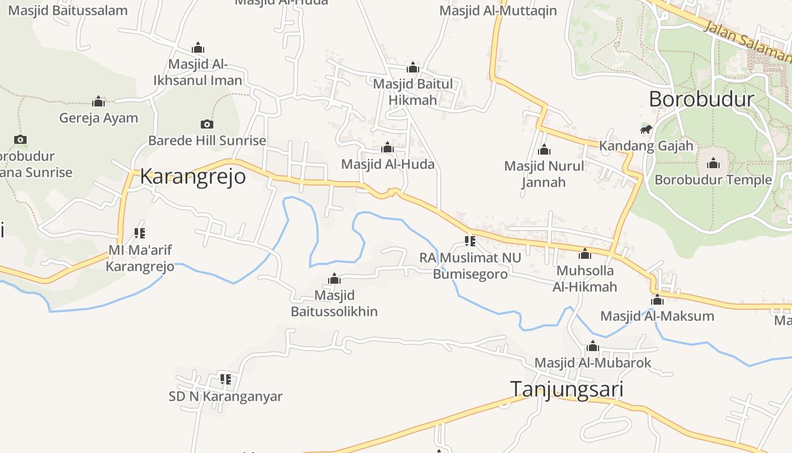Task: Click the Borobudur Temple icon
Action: point(713,164)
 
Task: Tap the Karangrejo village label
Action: point(193,176)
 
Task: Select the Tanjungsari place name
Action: point(567,390)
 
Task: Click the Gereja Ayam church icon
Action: point(98,102)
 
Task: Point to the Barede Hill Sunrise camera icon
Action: point(207,124)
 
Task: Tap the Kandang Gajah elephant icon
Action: point(645,130)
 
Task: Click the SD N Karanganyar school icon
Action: point(226,379)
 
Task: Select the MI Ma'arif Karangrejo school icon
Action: point(140,233)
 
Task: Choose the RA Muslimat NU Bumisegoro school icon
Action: point(470,241)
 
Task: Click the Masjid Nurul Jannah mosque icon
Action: point(544,150)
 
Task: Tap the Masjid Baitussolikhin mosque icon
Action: point(334,279)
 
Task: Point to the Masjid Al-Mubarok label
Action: point(593,363)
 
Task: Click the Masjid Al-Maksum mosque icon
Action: point(657,300)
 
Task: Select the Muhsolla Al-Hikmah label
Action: point(585,279)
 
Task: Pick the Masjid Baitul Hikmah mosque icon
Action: point(413,68)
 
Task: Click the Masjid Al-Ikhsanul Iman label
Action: point(198,72)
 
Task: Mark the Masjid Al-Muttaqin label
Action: point(498,11)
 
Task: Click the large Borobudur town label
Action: point(701,99)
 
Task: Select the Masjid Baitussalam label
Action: point(68,10)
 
